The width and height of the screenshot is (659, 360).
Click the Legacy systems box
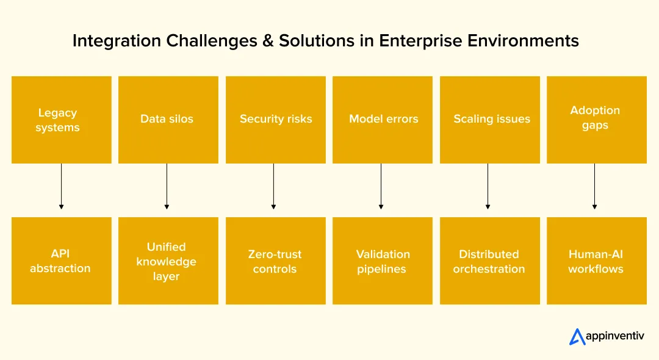click(x=61, y=120)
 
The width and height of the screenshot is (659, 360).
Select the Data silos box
click(x=168, y=120)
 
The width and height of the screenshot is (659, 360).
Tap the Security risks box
click(x=275, y=120)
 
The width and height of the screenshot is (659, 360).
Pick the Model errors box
click(x=383, y=120)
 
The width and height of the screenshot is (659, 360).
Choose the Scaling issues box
click(x=489, y=120)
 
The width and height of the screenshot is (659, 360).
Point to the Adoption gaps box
click(x=596, y=120)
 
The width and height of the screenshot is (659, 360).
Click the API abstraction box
click(x=61, y=261)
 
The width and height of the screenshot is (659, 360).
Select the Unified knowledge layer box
click(x=168, y=261)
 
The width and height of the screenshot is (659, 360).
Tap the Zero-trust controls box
click(x=275, y=261)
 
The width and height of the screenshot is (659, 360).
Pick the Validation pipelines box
click(x=383, y=261)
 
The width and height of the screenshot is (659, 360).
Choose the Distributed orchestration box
click(x=489, y=261)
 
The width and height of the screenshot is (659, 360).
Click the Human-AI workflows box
click(x=596, y=261)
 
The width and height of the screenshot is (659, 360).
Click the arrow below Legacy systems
click(x=61, y=187)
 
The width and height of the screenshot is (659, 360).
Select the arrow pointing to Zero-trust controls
click(x=274, y=187)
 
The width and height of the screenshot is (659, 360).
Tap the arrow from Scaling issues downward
click(x=488, y=187)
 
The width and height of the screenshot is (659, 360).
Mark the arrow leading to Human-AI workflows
click(x=595, y=187)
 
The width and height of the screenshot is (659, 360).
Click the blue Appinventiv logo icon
click(x=577, y=336)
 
